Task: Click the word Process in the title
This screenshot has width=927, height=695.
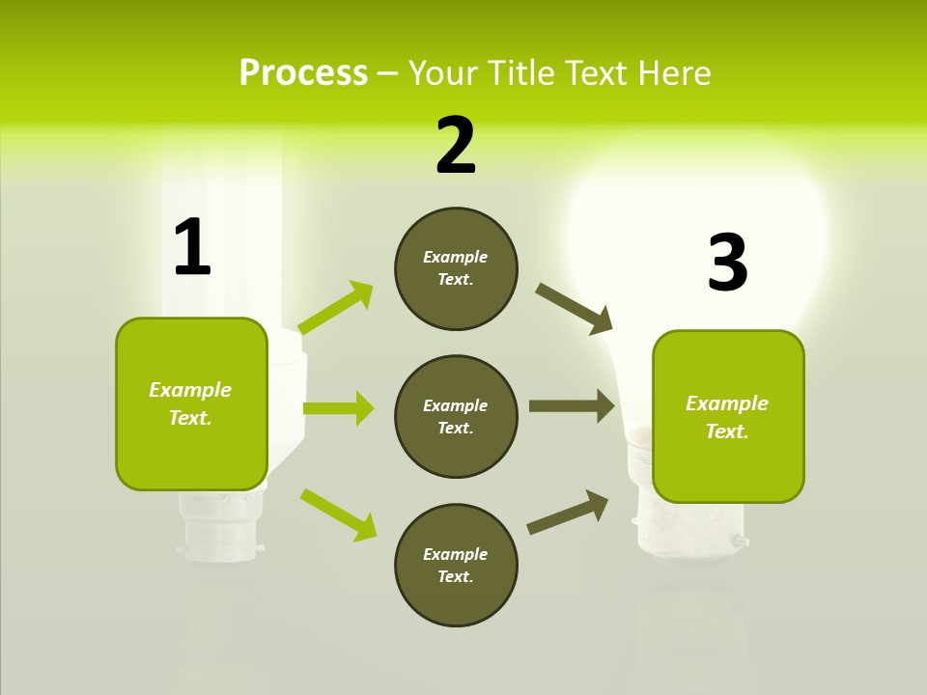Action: click(303, 73)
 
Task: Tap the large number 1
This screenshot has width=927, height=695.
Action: click(192, 248)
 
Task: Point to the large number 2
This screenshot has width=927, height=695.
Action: click(456, 146)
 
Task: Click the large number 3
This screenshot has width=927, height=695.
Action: click(727, 263)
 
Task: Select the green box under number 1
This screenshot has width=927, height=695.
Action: click(191, 403)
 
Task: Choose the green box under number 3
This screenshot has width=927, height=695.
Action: click(728, 417)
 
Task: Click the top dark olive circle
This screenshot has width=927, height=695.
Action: click(456, 268)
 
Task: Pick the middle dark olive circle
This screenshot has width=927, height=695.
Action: click(456, 416)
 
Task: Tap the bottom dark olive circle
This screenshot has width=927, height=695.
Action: click(456, 565)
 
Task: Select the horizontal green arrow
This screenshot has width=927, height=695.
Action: click(338, 408)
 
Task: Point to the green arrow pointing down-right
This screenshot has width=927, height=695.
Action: click(338, 514)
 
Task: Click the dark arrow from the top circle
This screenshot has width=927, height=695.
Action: click(575, 309)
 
